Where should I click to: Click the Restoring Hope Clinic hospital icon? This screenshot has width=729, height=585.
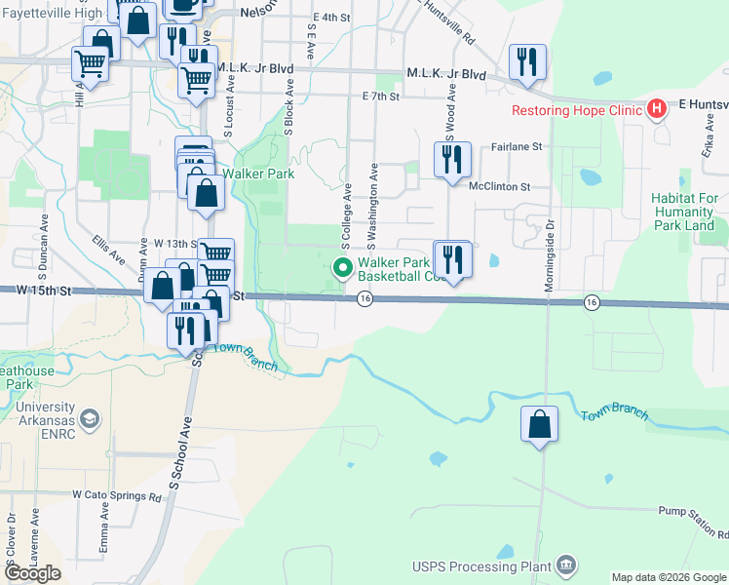coord(658,109)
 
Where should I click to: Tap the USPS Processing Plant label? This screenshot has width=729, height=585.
coord(480,566)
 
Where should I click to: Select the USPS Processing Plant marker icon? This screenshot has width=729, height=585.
coord(565,565)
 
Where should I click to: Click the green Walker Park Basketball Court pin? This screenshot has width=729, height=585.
coord(342,266)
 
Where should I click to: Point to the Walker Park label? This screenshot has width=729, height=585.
coord(258,175)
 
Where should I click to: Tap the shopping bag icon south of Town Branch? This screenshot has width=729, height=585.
coord(539,425)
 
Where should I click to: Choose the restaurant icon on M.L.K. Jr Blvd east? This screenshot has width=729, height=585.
coord(527,62)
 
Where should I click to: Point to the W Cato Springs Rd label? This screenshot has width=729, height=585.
coord(116,496)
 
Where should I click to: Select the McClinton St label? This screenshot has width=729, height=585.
coord(499,186)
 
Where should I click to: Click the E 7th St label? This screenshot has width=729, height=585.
coord(380,97)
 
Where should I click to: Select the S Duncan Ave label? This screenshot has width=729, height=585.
coord(44,235)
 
